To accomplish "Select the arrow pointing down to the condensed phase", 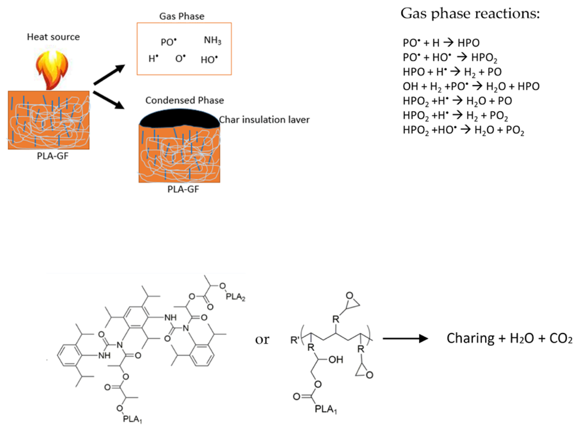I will point(109,100).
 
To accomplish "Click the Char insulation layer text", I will point(264,120).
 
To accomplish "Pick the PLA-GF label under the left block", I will point(53,156).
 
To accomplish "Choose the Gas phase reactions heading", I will point(470,14).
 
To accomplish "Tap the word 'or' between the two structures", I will point(262,339).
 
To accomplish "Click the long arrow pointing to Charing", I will point(405,339).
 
